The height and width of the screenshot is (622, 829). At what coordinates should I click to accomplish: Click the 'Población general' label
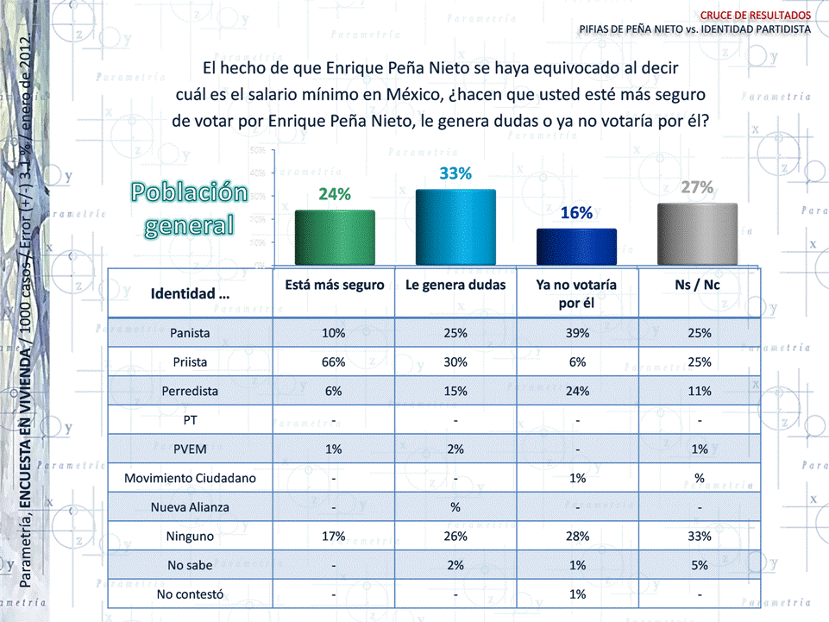click(189, 209)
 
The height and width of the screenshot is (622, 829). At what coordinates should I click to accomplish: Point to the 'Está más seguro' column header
click(335, 285)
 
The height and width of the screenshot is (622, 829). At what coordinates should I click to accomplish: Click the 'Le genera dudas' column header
click(455, 285)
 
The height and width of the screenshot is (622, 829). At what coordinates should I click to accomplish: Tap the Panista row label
click(191, 332)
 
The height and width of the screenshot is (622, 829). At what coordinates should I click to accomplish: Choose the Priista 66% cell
click(334, 361)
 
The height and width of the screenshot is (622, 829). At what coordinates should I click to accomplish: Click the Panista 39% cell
click(576, 332)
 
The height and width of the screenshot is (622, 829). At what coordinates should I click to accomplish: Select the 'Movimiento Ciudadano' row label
click(191, 477)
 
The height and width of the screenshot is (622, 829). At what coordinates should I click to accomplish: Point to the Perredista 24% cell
click(576, 391)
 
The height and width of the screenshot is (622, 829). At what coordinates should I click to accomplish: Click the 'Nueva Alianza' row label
click(191, 506)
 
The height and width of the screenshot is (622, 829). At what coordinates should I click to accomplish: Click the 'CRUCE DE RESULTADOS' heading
click(755, 15)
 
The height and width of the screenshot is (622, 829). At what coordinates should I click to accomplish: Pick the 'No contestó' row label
click(191, 594)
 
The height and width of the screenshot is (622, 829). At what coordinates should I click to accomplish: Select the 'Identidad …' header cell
click(191, 293)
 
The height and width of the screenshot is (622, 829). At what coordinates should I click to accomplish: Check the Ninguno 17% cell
click(334, 536)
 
